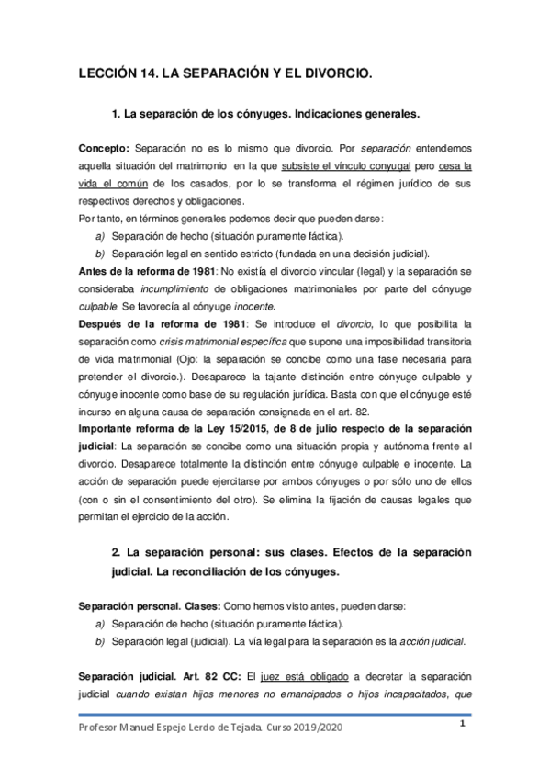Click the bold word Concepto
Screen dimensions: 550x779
(105, 148)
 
